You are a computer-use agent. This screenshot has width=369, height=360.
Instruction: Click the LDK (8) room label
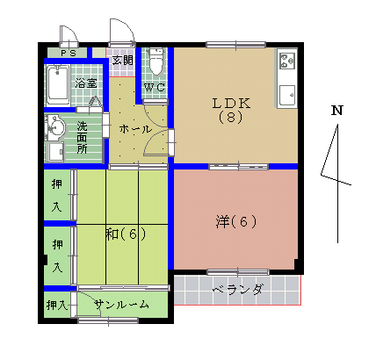click(231, 110)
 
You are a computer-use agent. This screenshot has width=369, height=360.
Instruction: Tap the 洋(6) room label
click(235, 221)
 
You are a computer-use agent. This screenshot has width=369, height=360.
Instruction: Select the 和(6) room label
click(125, 234)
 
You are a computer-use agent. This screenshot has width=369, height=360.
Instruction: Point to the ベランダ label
click(237, 289)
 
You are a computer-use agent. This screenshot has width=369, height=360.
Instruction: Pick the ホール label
click(135, 129)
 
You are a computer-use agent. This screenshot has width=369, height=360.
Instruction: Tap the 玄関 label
click(123, 61)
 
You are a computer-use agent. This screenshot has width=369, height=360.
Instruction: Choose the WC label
click(155, 88)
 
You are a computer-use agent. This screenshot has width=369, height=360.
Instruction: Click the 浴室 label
click(86, 83)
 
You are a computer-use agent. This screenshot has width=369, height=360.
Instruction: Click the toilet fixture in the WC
click(156, 63)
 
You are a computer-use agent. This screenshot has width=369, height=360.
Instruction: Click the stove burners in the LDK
click(287, 61)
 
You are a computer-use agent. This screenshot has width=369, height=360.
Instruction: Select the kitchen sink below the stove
click(287, 92)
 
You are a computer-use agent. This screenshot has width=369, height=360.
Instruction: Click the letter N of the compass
click(336, 112)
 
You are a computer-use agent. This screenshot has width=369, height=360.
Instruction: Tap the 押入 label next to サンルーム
click(56, 305)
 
